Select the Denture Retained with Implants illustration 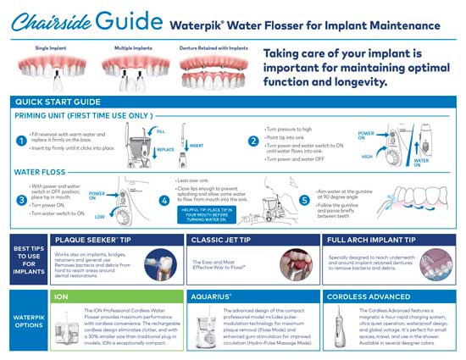[212, 69]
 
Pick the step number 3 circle [19, 200]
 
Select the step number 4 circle [164, 200]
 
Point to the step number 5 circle [304, 200]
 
